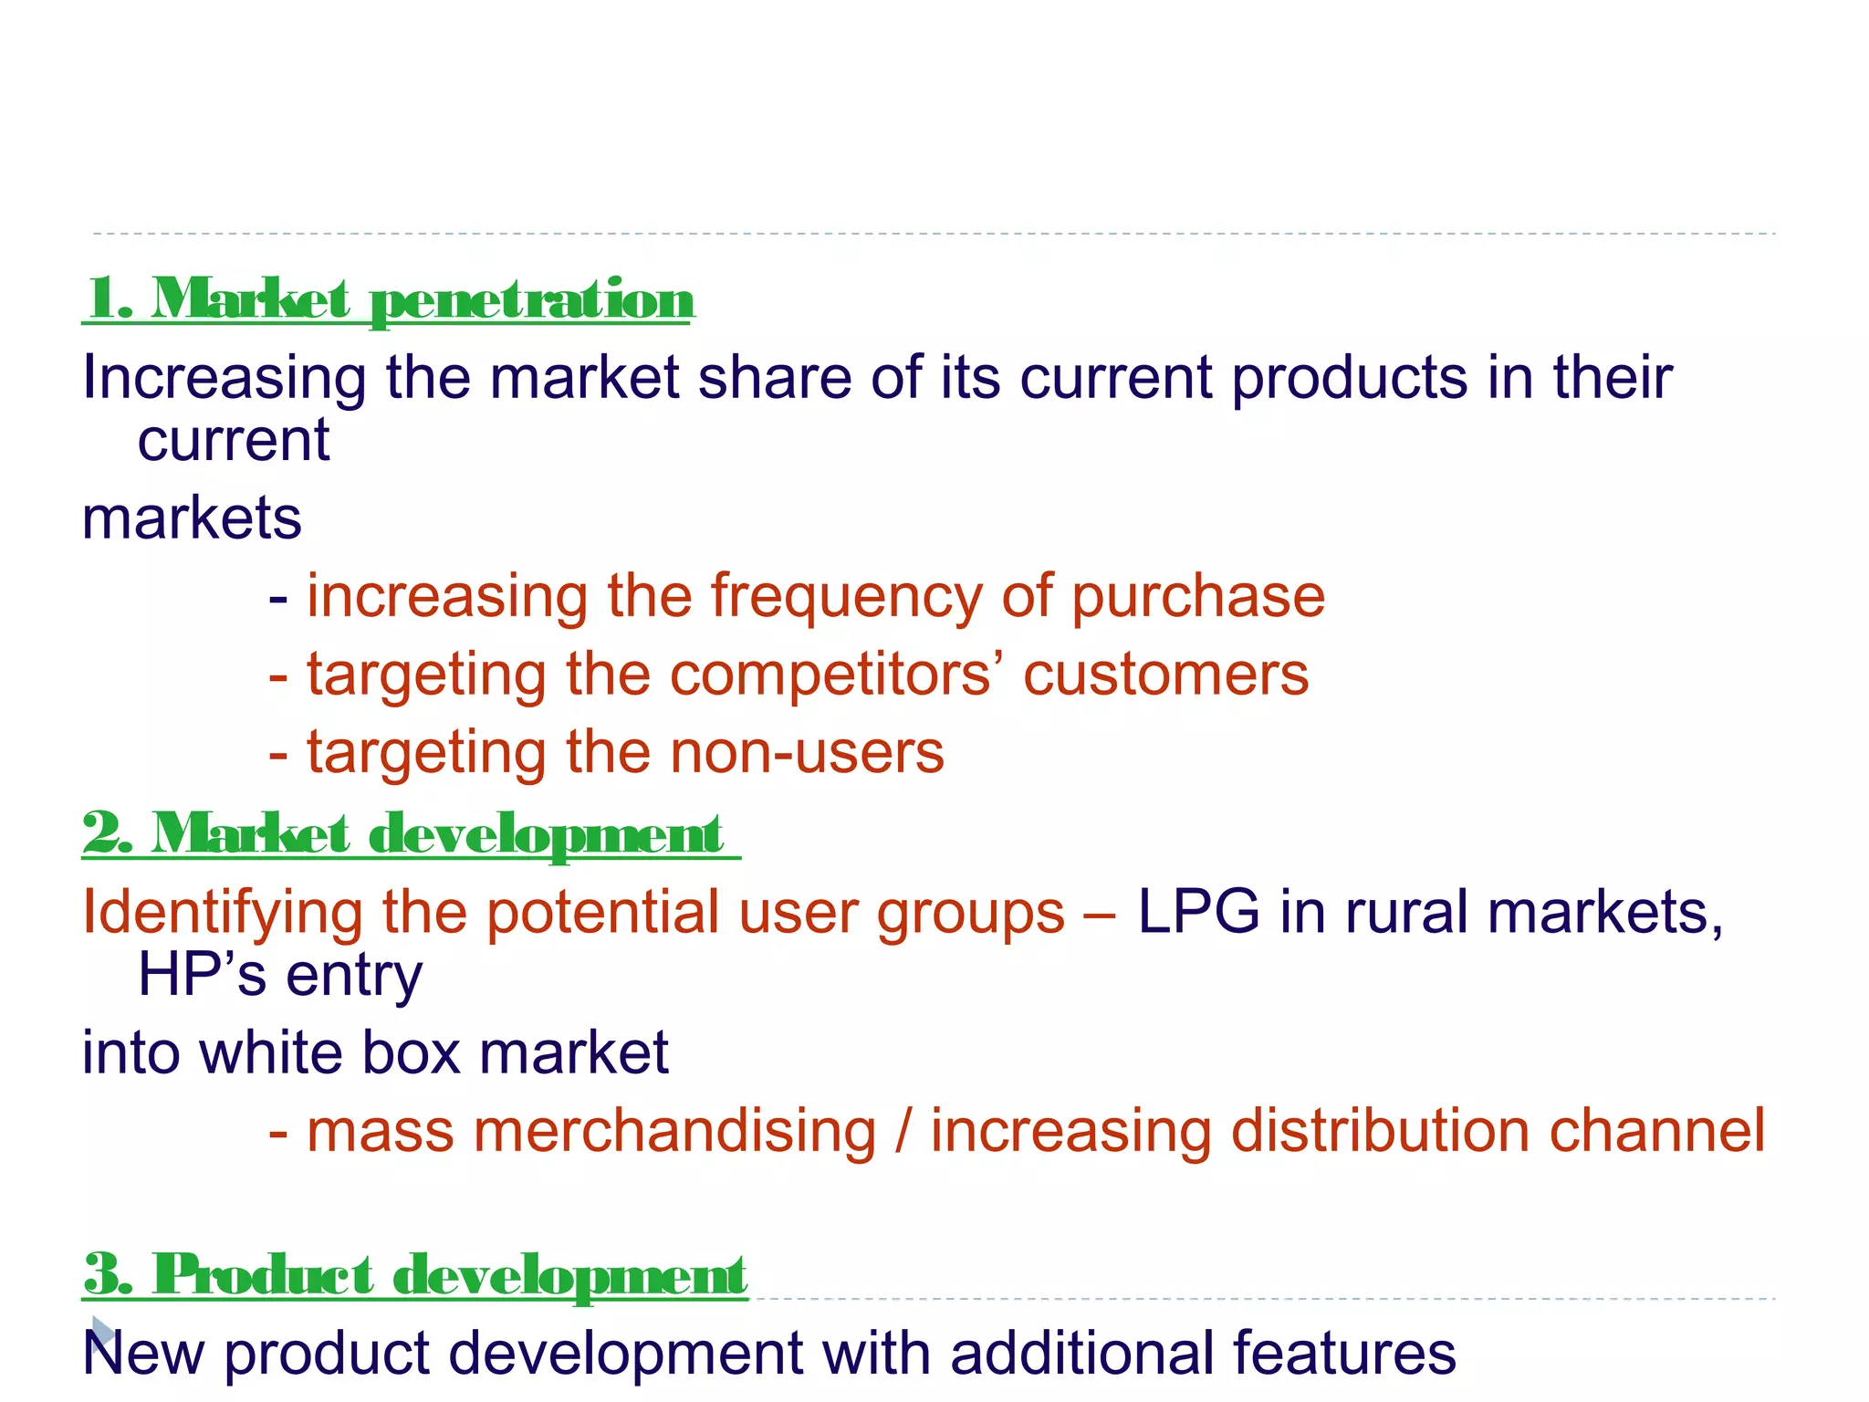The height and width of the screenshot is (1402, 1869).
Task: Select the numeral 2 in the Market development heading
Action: pos(102,833)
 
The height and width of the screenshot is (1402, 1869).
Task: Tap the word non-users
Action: pos(807,753)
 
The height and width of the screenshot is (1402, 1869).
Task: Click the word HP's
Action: pos(202,974)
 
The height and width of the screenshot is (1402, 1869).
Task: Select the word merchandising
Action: pos(674,1131)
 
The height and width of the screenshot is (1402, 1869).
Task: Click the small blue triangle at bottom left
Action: pos(102,1333)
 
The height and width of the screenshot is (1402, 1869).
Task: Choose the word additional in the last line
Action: pos(1081,1353)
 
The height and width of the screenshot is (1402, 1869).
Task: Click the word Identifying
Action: pos(222,913)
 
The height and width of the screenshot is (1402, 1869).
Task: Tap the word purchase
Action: pos(1197,598)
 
